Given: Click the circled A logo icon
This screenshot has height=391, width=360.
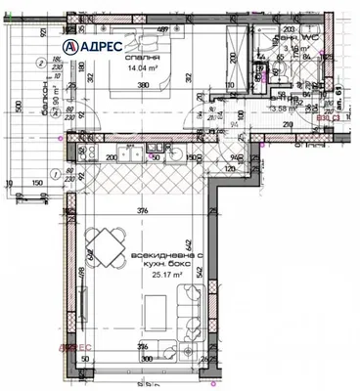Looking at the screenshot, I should (x=74, y=46).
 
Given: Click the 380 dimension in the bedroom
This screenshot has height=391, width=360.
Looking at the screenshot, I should (x=144, y=85).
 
